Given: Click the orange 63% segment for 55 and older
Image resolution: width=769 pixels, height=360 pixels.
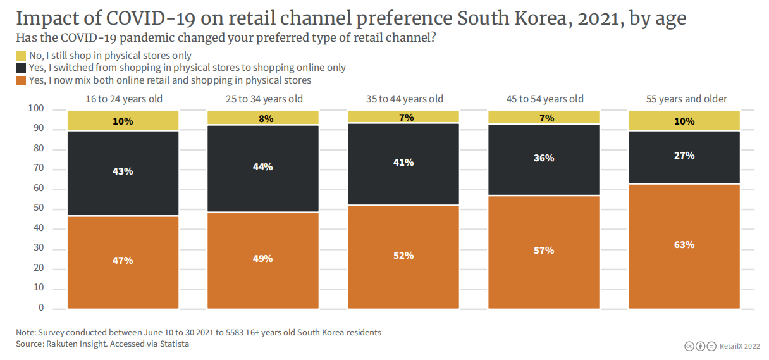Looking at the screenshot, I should click(x=684, y=245).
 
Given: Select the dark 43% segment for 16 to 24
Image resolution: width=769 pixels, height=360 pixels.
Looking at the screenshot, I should click(x=123, y=172).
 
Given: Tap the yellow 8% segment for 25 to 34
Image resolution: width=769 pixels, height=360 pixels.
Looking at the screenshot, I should click(x=263, y=118).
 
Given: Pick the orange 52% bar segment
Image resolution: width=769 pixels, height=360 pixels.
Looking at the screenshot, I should click(x=403, y=256).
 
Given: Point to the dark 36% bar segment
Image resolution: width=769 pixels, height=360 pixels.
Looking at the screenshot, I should click(x=544, y=158).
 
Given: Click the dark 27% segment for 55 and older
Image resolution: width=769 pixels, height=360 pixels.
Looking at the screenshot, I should click(x=684, y=156).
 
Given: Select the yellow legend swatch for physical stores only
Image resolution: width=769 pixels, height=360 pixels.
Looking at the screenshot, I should click(x=21, y=56).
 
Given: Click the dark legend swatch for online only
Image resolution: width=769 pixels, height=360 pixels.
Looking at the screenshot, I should click(x=21, y=68).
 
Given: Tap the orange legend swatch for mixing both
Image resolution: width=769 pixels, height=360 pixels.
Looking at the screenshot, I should click(x=21, y=80).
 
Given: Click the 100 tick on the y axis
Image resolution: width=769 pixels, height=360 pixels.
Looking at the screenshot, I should click(x=36, y=109).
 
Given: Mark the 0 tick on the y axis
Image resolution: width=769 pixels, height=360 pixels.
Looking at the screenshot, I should click(x=41, y=308).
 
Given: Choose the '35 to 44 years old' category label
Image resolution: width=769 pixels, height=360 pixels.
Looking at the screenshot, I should click(x=404, y=99).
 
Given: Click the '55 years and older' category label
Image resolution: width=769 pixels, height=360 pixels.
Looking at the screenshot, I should click(x=686, y=99).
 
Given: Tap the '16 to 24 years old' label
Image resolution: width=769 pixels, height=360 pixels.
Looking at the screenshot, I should click(x=124, y=99).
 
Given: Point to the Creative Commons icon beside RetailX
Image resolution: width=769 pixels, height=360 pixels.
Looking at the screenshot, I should click(x=690, y=346).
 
